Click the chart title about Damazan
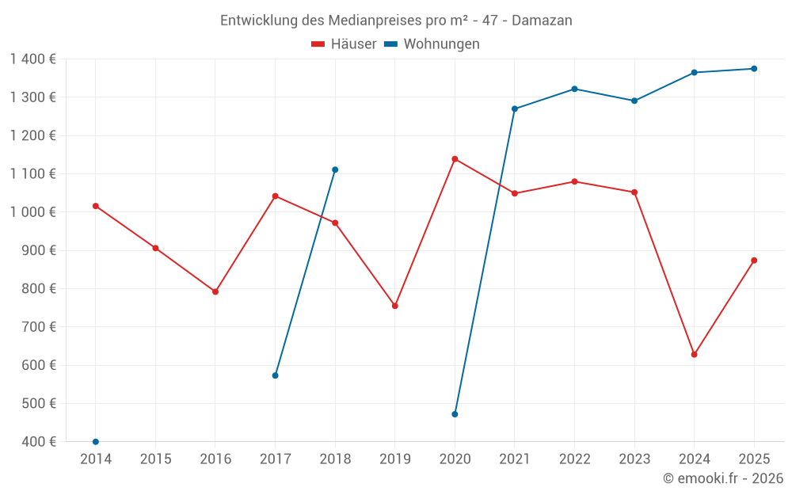[396, 21]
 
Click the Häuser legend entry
[345, 44]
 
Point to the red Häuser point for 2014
[96, 206]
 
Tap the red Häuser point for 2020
[455, 159]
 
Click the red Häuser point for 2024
[694, 355]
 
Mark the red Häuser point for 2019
[395, 306]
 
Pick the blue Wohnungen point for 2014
[96, 442]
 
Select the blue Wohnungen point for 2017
[275, 375]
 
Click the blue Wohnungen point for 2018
[335, 169]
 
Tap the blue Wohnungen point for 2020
[455, 414]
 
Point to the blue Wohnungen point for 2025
[754, 69]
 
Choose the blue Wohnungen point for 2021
[515, 109]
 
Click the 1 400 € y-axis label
[33, 59]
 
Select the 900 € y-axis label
[39, 250]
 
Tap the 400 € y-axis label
[39, 442]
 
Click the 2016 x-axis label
[215, 459]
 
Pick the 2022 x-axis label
[574, 459]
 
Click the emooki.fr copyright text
[722, 478]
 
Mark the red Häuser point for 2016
[215, 291]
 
